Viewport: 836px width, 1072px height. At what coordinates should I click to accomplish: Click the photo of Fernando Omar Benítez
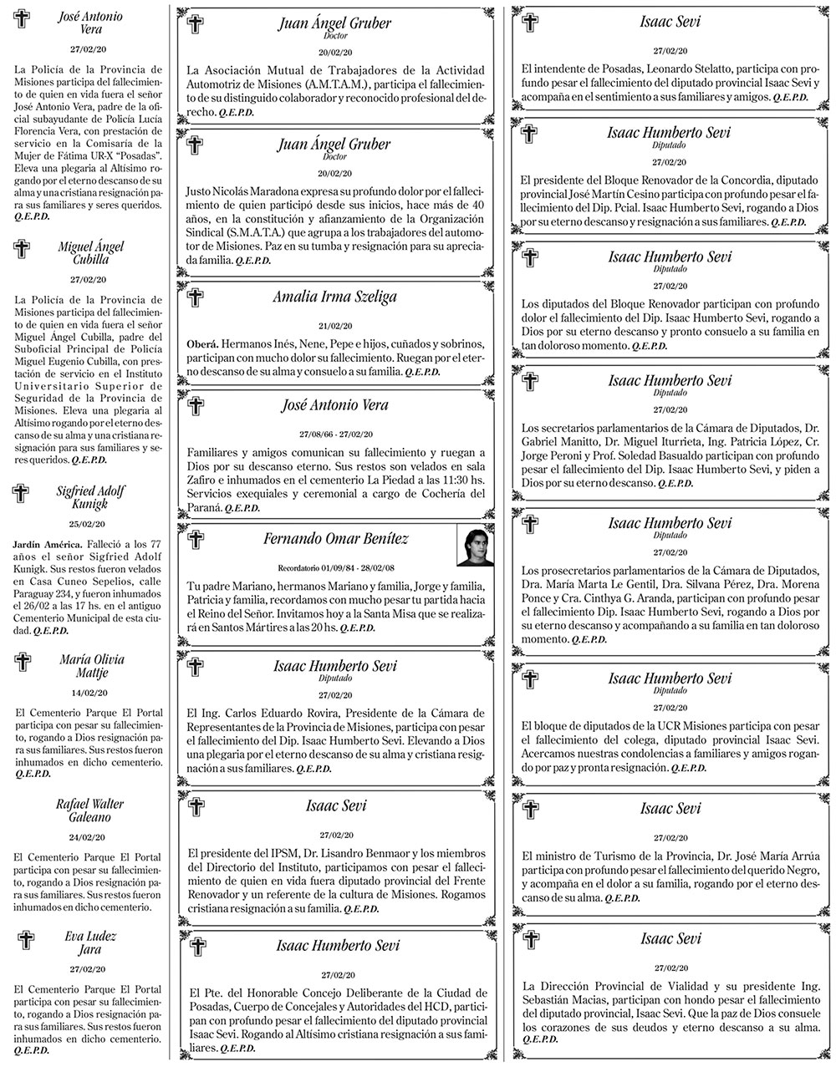[x=473, y=546]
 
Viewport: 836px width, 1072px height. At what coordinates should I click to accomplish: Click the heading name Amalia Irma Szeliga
[x=334, y=297]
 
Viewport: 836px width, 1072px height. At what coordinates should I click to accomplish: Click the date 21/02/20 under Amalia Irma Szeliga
[x=335, y=326]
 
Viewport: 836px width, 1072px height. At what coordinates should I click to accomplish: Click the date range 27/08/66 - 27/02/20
[x=335, y=434]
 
